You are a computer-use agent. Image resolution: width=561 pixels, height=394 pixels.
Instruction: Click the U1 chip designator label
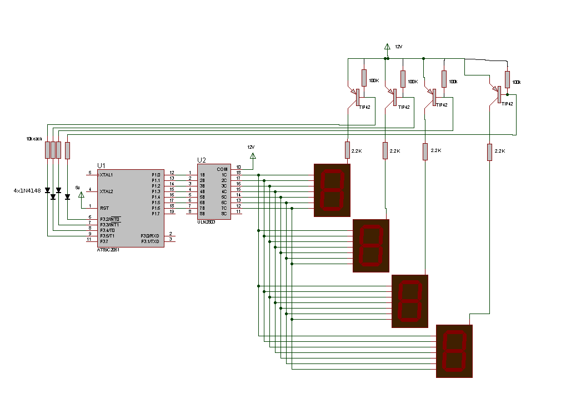click(101, 165)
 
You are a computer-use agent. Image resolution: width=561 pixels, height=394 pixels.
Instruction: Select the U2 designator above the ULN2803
click(201, 160)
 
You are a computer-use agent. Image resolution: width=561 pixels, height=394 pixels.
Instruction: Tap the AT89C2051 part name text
click(108, 250)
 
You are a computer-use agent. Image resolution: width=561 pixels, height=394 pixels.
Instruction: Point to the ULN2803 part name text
click(206, 221)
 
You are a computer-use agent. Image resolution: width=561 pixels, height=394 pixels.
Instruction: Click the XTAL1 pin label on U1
click(106, 175)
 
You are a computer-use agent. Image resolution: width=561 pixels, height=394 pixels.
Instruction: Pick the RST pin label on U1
click(104, 208)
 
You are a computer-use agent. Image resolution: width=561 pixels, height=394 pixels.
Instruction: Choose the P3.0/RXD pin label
click(150, 236)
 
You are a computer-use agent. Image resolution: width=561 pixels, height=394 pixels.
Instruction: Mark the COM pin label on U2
click(222, 169)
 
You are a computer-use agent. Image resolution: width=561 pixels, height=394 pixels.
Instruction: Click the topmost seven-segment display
click(332, 190)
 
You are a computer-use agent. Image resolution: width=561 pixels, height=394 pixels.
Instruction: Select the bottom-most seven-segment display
click(454, 351)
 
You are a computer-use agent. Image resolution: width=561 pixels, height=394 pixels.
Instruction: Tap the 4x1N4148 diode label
click(27, 191)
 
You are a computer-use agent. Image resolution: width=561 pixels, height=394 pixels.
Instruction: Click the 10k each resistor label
click(34, 138)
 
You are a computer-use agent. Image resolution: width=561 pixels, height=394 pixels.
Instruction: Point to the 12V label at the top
click(398, 47)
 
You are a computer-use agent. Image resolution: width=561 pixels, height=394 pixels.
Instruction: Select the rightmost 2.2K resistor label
click(499, 151)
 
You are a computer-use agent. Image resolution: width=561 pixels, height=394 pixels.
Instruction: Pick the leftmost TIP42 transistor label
click(364, 107)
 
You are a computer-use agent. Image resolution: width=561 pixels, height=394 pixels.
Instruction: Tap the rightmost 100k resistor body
click(507, 79)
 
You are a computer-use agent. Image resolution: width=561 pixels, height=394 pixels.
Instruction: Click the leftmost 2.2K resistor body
click(347, 150)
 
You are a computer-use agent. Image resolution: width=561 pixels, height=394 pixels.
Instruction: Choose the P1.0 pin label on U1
click(156, 175)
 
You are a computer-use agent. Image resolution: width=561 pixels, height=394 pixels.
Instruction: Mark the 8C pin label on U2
click(224, 214)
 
